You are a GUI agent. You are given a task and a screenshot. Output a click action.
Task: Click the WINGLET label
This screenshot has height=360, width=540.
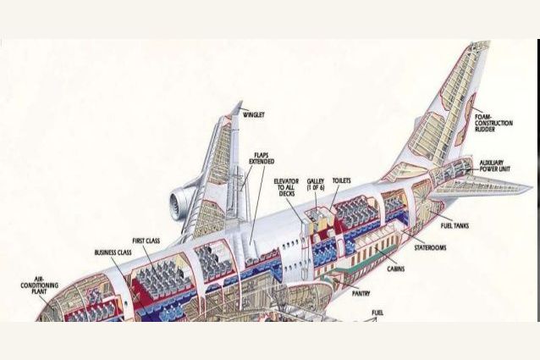pos(255,113)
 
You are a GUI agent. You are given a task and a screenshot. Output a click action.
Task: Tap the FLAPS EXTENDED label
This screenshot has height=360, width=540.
pos(262,158)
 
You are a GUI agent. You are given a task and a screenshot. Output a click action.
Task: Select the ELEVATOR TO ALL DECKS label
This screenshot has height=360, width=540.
pos(287,191)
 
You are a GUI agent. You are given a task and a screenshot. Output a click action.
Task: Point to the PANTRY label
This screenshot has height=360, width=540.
pos(361,293)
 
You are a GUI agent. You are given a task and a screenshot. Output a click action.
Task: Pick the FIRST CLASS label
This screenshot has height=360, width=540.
pos(146,241)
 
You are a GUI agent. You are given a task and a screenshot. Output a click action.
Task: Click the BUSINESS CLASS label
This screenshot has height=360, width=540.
pos(113,252)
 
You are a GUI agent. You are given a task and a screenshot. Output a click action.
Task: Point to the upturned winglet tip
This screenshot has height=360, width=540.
pos(234,109)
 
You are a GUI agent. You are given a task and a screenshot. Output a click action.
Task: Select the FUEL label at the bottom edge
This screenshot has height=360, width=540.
pos(377,313)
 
